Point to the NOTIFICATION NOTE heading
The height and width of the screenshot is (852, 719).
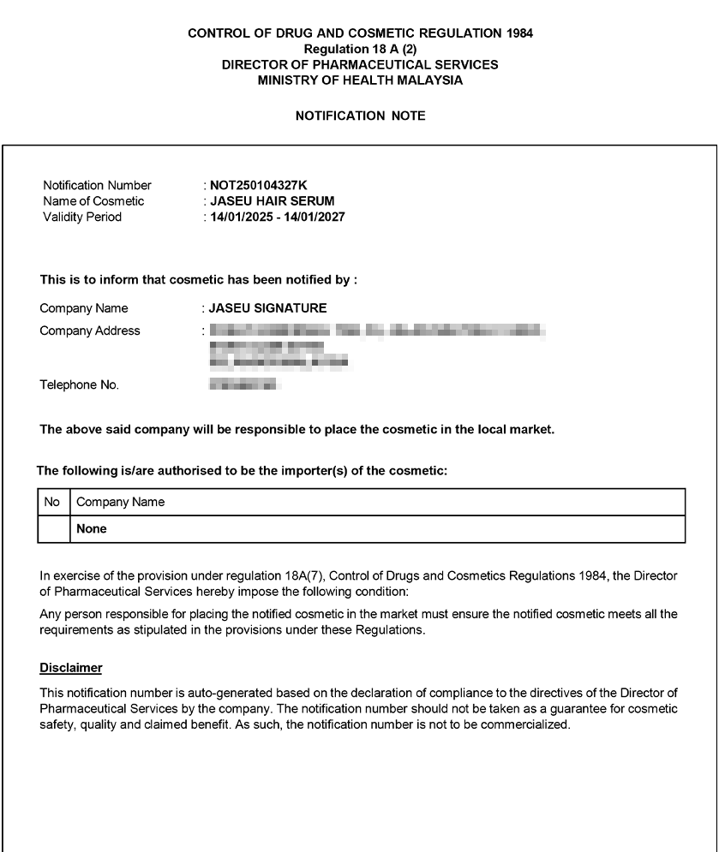point(360,116)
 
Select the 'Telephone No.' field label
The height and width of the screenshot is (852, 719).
point(80,385)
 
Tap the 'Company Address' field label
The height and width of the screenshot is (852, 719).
point(90,331)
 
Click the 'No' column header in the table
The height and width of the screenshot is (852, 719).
point(51,503)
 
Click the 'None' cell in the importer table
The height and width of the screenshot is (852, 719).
point(92,529)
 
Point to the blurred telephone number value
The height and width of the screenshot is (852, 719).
point(243,385)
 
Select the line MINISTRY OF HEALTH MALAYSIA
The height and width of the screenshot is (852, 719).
point(360,80)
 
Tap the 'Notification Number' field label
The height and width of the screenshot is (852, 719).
point(97,185)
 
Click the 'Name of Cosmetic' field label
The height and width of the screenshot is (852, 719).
point(93,201)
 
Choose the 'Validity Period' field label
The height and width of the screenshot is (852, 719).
point(82,217)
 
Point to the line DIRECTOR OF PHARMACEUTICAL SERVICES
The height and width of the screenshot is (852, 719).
point(360,65)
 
